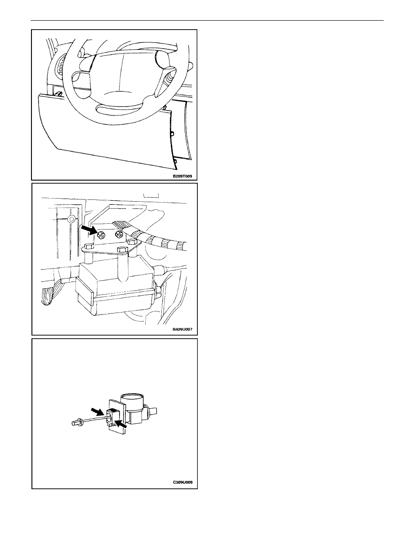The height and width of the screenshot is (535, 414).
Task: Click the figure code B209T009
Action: click(x=182, y=177)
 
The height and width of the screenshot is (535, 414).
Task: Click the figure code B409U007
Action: click(x=182, y=330)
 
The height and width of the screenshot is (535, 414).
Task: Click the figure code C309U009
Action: click(x=183, y=482)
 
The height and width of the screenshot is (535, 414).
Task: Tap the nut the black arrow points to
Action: click(x=101, y=235)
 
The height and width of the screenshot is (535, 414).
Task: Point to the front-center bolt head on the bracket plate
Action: click(x=122, y=249)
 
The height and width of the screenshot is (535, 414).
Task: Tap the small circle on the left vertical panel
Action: click(x=71, y=218)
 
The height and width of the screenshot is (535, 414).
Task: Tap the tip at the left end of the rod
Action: click(x=75, y=424)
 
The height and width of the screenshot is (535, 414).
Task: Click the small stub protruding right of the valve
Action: click(x=152, y=409)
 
